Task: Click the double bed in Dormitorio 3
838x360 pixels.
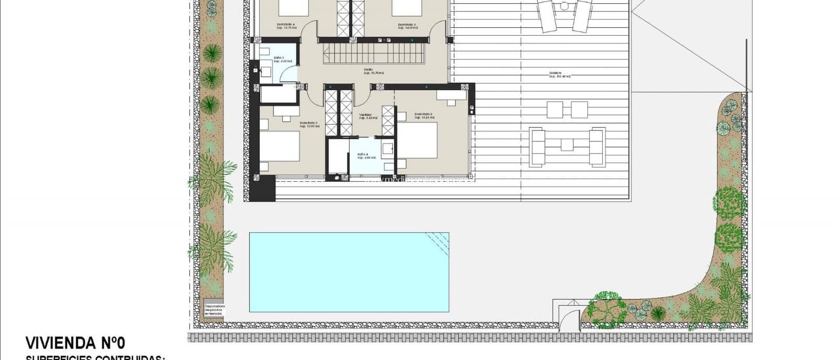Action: (280, 146)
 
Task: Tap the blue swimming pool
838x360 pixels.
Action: (349, 272)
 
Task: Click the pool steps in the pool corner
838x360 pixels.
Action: (438, 242)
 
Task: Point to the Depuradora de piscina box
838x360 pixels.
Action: (214, 310)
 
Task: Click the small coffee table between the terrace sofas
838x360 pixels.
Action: (568, 144)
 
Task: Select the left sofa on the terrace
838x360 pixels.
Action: (538, 147)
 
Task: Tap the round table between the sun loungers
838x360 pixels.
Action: (564, 6)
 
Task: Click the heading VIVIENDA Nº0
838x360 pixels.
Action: (75, 343)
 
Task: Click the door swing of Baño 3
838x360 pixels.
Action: (288, 75)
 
